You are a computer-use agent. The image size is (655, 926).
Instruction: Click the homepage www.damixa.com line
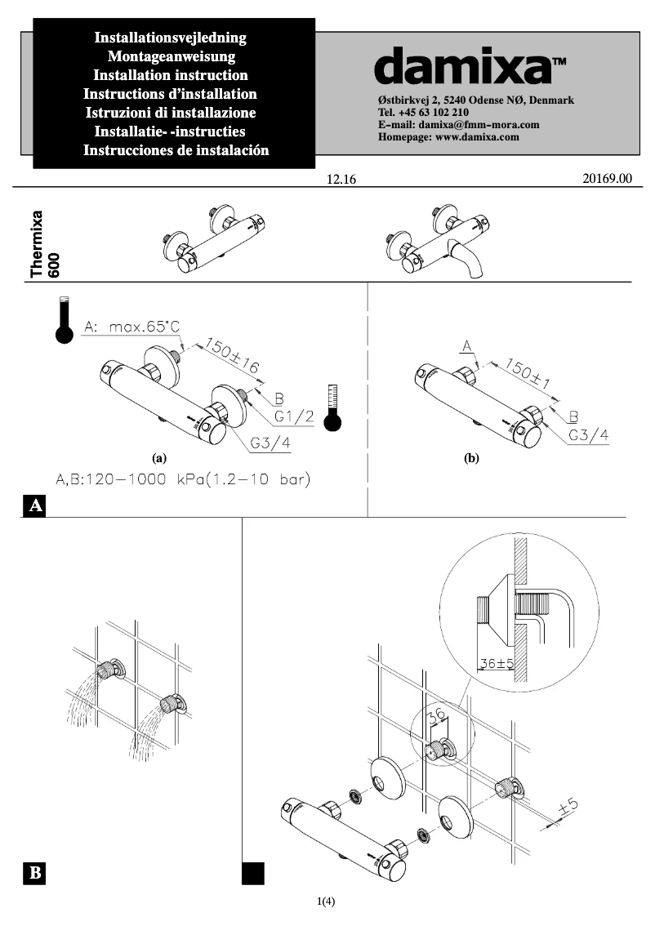[x=449, y=137]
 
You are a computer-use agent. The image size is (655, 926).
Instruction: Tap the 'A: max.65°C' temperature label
[x=131, y=327]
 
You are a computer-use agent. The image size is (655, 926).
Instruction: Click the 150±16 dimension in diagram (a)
[x=231, y=357]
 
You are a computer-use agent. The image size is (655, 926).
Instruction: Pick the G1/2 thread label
[x=294, y=416]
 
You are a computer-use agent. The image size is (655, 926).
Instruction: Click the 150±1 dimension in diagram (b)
[x=529, y=371]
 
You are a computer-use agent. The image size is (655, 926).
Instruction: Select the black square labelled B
[x=35, y=873]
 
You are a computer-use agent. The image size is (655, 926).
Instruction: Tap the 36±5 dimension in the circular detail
[x=496, y=663]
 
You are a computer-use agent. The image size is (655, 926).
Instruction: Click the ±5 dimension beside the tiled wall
[x=567, y=807]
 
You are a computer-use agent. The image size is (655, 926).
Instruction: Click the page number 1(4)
[x=327, y=902]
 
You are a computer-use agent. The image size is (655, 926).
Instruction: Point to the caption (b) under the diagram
[x=471, y=459]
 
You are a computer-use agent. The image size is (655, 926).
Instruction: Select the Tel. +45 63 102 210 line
[x=423, y=113]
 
